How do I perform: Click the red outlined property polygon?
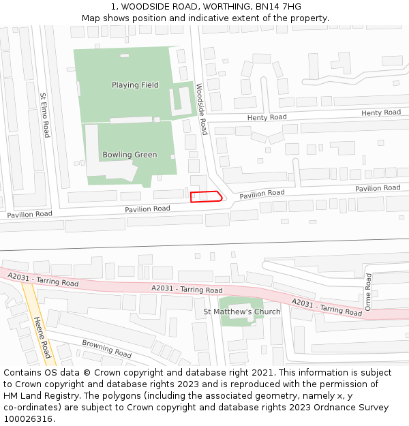click(x=206, y=197)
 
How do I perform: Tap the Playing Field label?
click(x=135, y=85)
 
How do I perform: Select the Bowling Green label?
click(x=130, y=155)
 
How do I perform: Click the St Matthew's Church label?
click(x=241, y=312)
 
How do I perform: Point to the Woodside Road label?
click(x=202, y=109)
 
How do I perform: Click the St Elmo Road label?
click(x=44, y=115)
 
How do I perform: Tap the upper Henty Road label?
click(x=381, y=112)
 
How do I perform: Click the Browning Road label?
click(x=106, y=348)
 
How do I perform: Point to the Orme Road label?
click(x=369, y=292)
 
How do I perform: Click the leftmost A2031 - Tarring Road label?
click(x=42, y=279)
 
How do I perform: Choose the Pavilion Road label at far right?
click(x=377, y=188)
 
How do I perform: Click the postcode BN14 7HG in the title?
click(x=277, y=7)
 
